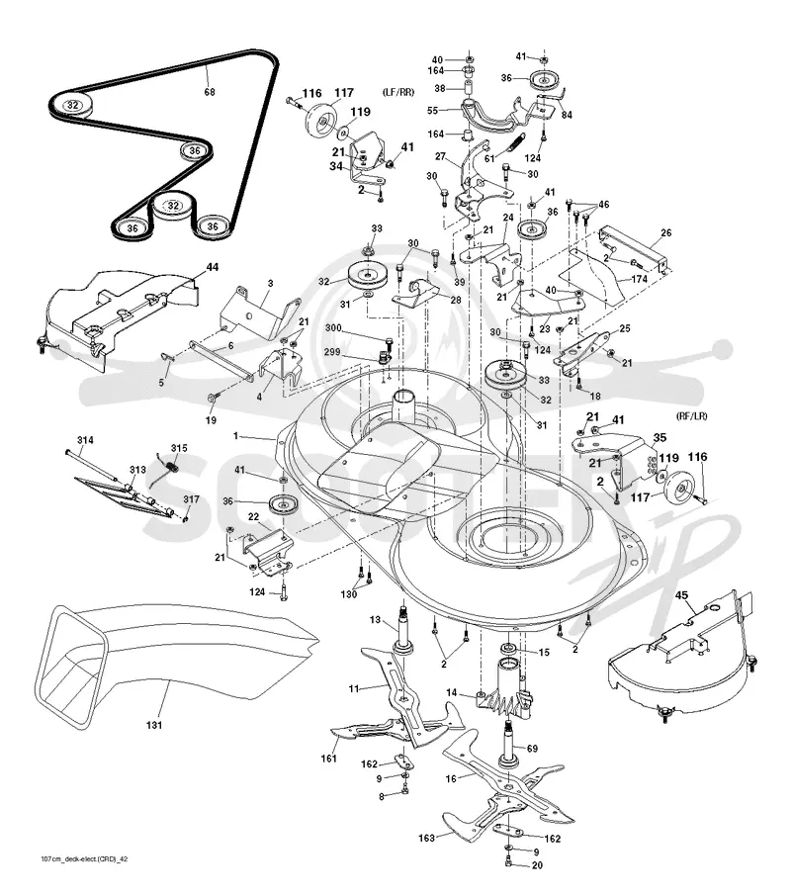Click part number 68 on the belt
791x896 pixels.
point(210,91)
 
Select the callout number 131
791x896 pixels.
point(154,725)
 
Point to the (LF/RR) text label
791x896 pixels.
point(398,92)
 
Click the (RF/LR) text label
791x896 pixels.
point(691,416)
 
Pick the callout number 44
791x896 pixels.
point(213,267)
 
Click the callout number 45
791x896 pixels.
point(681,595)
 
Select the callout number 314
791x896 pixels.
point(85,440)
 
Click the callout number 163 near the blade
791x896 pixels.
point(426,838)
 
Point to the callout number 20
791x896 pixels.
point(537,865)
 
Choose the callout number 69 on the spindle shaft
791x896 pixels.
point(532,749)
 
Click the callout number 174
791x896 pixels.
point(640,279)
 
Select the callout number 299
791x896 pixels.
point(332,352)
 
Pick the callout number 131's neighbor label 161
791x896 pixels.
point(328,759)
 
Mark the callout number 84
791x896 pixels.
point(567,115)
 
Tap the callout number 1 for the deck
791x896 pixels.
point(235,436)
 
